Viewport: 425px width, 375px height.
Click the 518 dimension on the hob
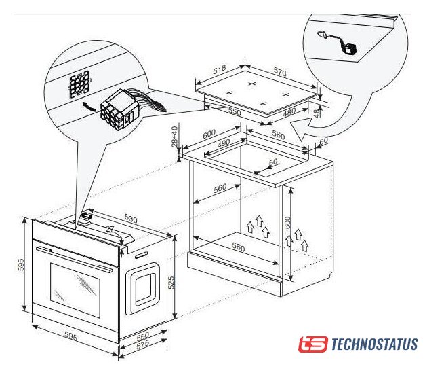(219, 69)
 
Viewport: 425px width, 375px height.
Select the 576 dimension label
(280, 72)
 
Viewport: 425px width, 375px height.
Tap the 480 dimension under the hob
(289, 113)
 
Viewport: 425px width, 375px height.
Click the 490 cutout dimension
(224, 143)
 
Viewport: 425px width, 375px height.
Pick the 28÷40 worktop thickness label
(175, 136)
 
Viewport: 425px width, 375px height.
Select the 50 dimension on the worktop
(273, 162)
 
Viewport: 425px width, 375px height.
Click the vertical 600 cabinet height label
(287, 222)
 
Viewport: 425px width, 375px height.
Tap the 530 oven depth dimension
(131, 218)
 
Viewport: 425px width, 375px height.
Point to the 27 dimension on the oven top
(110, 230)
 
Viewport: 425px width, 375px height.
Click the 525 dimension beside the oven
(171, 283)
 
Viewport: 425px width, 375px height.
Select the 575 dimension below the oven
(143, 344)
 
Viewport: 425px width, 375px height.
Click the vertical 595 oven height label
(21, 265)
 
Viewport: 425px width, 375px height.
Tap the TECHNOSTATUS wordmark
(375, 344)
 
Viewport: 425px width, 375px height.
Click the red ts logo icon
(313, 344)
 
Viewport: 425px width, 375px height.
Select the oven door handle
(75, 259)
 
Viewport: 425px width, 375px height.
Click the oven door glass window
(75, 289)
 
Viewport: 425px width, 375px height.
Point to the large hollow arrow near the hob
(302, 129)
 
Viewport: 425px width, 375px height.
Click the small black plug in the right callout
(350, 50)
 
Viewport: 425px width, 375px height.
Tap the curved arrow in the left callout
(89, 107)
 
